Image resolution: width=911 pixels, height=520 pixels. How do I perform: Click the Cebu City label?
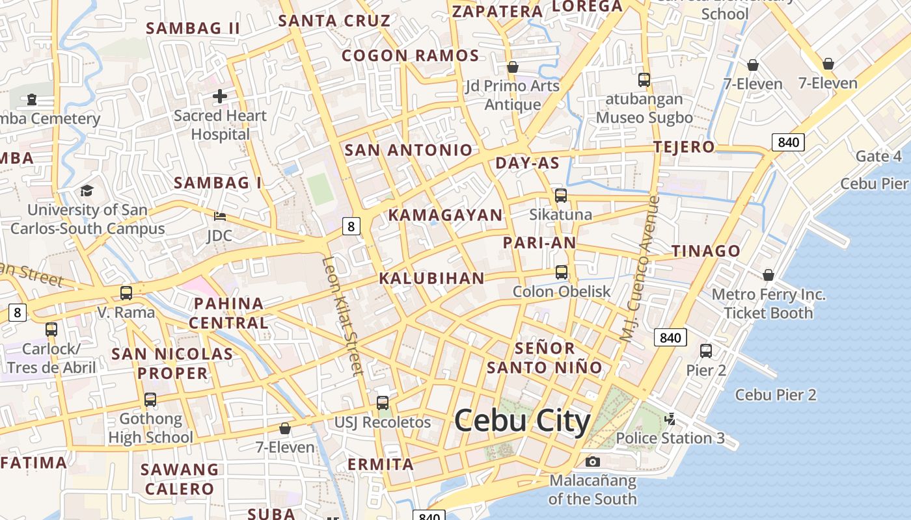[522, 421]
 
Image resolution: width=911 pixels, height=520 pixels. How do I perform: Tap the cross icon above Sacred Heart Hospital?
[220, 97]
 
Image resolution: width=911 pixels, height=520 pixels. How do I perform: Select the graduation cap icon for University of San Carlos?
[87, 190]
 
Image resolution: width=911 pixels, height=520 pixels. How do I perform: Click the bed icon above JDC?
[220, 216]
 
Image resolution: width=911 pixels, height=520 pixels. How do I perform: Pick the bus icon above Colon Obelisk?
[561, 272]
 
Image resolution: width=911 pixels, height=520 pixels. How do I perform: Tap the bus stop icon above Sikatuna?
[560, 195]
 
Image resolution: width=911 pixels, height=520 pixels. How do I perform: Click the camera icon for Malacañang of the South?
[592, 461]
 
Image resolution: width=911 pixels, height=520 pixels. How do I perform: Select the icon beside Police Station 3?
[670, 419]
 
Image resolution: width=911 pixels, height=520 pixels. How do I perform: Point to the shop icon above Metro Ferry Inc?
[768, 275]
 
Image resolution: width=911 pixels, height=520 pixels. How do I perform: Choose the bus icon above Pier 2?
[706, 351]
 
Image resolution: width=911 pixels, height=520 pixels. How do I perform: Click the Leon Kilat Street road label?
[341, 315]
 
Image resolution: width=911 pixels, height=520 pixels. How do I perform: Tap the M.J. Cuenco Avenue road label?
[640, 269]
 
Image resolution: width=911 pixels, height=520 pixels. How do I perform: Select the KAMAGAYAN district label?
[445, 215]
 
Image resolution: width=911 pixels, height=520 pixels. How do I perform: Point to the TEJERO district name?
[684, 147]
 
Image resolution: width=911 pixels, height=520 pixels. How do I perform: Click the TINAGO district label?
[705, 251]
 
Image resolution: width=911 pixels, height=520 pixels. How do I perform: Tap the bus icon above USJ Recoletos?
[383, 403]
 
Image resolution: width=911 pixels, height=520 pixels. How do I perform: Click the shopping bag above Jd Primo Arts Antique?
[513, 67]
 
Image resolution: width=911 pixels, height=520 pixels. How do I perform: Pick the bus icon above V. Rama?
[126, 293]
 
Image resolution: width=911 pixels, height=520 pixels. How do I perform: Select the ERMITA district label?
[381, 464]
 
